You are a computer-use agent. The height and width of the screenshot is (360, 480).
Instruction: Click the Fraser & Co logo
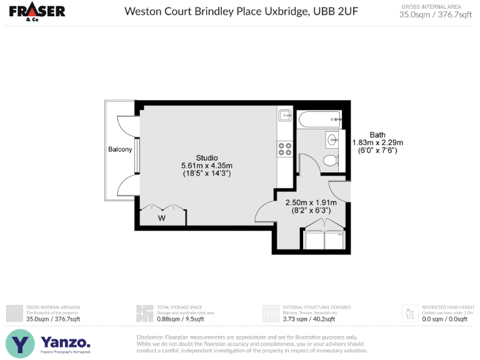click(37, 12)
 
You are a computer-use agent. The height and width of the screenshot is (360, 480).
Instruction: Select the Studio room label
click(206, 157)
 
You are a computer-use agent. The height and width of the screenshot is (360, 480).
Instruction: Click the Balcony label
click(120, 149)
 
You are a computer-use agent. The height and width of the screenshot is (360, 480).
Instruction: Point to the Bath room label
click(377, 135)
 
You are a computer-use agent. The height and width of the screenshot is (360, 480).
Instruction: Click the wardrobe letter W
click(161, 218)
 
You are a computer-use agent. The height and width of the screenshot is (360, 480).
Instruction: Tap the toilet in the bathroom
click(330, 162)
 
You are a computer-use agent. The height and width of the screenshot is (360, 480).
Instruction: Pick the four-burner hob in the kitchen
click(285, 149)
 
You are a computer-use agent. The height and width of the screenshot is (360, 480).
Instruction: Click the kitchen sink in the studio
click(285, 115)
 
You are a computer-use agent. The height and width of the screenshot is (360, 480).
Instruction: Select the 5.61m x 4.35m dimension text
click(206, 165)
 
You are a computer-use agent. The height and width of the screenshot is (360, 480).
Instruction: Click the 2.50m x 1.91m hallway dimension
click(311, 202)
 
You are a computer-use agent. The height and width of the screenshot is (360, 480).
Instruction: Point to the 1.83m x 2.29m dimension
click(377, 142)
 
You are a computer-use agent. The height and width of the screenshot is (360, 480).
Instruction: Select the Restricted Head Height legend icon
click(409, 312)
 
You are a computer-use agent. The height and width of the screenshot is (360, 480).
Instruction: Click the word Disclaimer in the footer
click(153, 337)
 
